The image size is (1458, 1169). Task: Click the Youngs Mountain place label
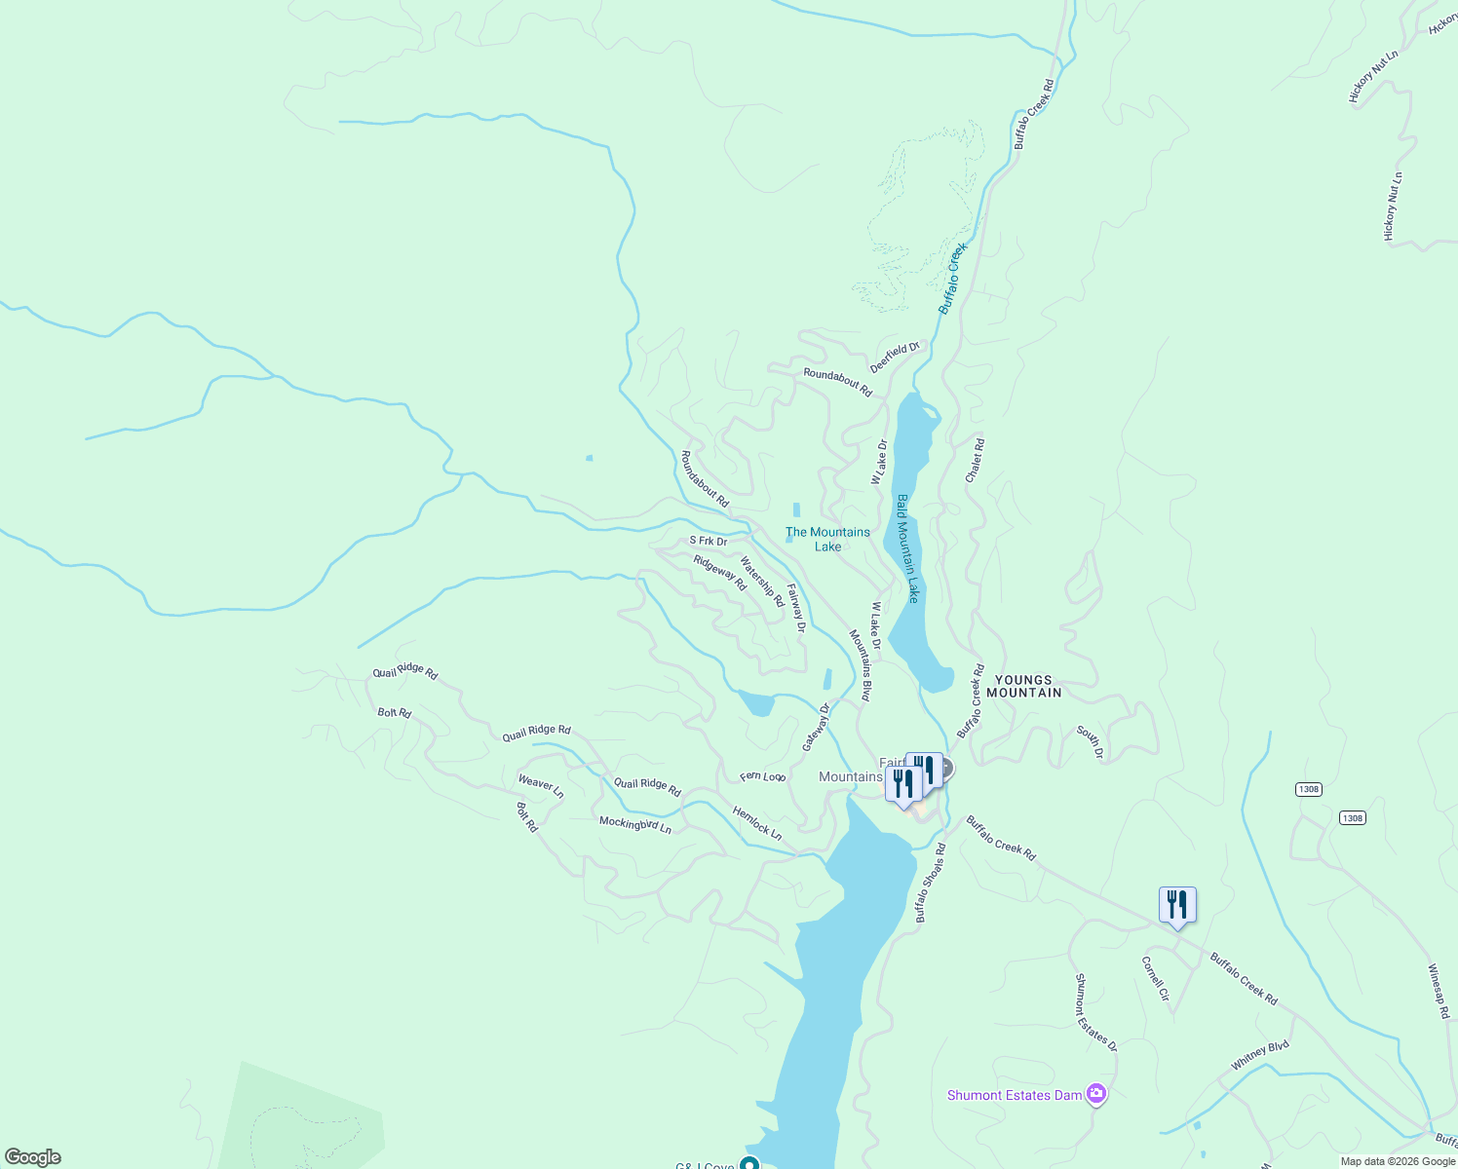(x=1023, y=687)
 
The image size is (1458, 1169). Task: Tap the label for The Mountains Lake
(x=827, y=539)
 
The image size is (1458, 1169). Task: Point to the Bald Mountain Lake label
(x=907, y=548)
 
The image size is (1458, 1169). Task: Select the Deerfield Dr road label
(x=895, y=357)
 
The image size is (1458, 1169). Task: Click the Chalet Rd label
(x=975, y=461)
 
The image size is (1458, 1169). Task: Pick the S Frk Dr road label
(x=709, y=541)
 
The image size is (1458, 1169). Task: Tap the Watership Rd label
(x=761, y=582)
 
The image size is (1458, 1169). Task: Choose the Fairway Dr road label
(x=796, y=609)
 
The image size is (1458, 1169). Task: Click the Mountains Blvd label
(x=860, y=665)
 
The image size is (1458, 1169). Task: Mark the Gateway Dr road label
(x=816, y=727)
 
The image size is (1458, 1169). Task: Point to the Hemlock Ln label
(x=757, y=823)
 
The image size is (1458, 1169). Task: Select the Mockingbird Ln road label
(x=635, y=824)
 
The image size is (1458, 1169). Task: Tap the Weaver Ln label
(x=541, y=786)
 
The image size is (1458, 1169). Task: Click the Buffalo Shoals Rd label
(x=930, y=884)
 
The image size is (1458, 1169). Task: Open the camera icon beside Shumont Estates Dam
(x=1096, y=1094)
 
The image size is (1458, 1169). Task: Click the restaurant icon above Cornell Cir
(x=1177, y=905)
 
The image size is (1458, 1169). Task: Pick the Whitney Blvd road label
(x=1259, y=1055)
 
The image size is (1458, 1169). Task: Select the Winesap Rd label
(x=1439, y=992)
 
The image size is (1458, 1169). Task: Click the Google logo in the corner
(x=33, y=1157)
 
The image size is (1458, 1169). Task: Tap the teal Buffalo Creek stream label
(x=952, y=279)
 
